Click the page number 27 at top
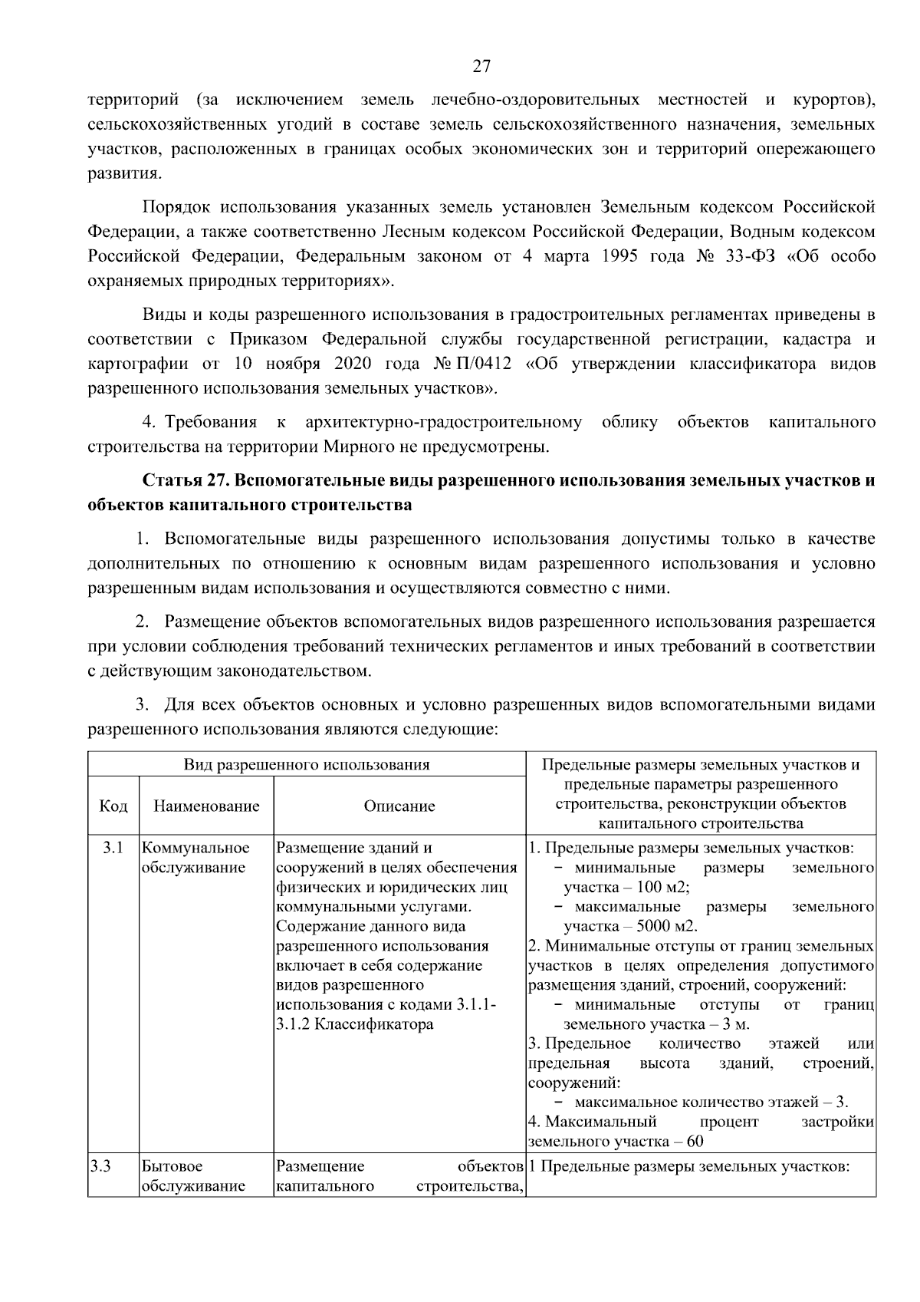coord(481,66)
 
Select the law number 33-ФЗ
coord(751,256)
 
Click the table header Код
coord(113,806)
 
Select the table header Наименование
coord(206,806)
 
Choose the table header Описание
coord(399,806)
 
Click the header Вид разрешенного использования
coord(307,765)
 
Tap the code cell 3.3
coord(100,1167)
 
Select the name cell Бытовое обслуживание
coord(193,1176)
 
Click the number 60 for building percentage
coord(695,1142)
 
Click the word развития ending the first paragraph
coord(123,173)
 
